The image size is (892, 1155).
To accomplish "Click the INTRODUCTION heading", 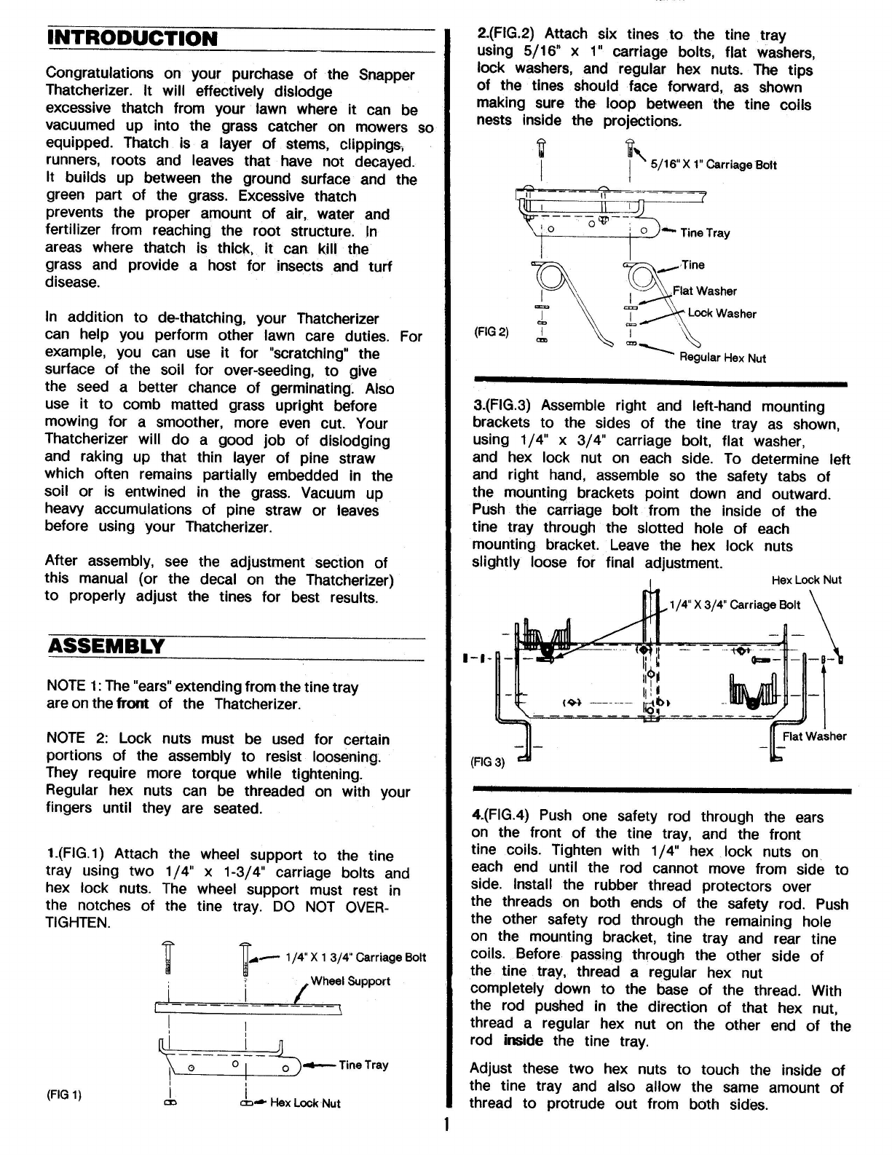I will [x=132, y=38].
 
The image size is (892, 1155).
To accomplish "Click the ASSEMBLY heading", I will [x=106, y=646].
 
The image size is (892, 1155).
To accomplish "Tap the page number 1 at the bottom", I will [x=446, y=1124].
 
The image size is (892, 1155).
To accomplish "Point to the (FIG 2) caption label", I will [x=492, y=332].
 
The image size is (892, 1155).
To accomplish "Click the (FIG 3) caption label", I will [x=488, y=762].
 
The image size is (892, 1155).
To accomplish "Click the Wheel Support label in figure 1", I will [x=350, y=981].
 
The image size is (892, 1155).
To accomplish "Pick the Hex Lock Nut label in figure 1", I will [x=305, y=1103].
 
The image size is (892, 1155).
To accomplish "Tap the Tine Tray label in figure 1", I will [x=363, y=1065].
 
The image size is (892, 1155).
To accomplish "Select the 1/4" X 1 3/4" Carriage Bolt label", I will [x=355, y=957].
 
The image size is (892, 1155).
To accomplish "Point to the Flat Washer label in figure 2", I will [x=704, y=291].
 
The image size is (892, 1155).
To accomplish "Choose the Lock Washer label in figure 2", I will [x=722, y=314].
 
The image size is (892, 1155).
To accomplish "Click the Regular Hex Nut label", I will [x=722, y=358].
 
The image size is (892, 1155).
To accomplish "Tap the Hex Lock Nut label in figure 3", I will [x=806, y=580].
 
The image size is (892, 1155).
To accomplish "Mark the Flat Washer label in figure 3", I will [x=814, y=736].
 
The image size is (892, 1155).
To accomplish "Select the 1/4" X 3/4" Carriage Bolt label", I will [x=735, y=604].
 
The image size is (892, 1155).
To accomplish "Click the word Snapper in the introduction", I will [x=387, y=74].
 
